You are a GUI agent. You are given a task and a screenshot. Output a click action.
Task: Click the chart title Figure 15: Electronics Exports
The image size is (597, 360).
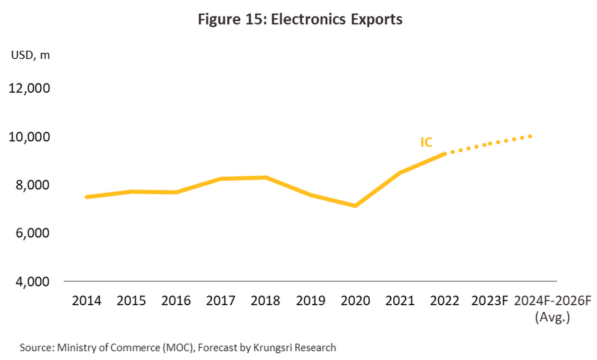300,20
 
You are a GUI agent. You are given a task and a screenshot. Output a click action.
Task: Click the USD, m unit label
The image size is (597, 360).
30,56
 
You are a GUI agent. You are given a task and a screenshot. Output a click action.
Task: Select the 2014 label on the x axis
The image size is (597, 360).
86,300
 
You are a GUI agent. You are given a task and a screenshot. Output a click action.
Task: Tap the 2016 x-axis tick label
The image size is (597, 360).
176,300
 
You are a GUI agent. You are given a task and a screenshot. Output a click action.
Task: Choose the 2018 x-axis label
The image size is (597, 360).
266,300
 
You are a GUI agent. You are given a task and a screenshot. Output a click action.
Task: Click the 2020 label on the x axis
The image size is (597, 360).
355,300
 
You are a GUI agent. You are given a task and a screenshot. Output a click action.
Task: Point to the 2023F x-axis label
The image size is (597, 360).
489,300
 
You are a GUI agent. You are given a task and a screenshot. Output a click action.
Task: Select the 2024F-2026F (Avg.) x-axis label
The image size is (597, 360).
552,308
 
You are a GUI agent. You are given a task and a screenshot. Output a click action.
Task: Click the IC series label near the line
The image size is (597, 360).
426,142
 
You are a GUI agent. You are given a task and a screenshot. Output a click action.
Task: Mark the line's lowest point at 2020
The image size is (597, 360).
355,206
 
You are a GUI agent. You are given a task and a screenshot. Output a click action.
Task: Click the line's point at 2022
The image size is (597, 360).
445,154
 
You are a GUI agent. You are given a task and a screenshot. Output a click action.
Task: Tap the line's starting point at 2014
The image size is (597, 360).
86,197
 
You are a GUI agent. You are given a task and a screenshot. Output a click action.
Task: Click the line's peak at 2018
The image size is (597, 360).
266,178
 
